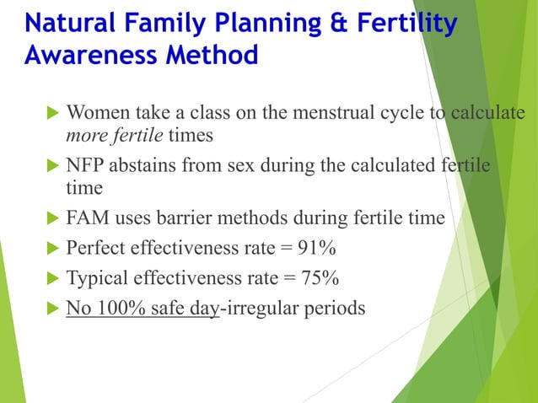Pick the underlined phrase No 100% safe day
point(143,308)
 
